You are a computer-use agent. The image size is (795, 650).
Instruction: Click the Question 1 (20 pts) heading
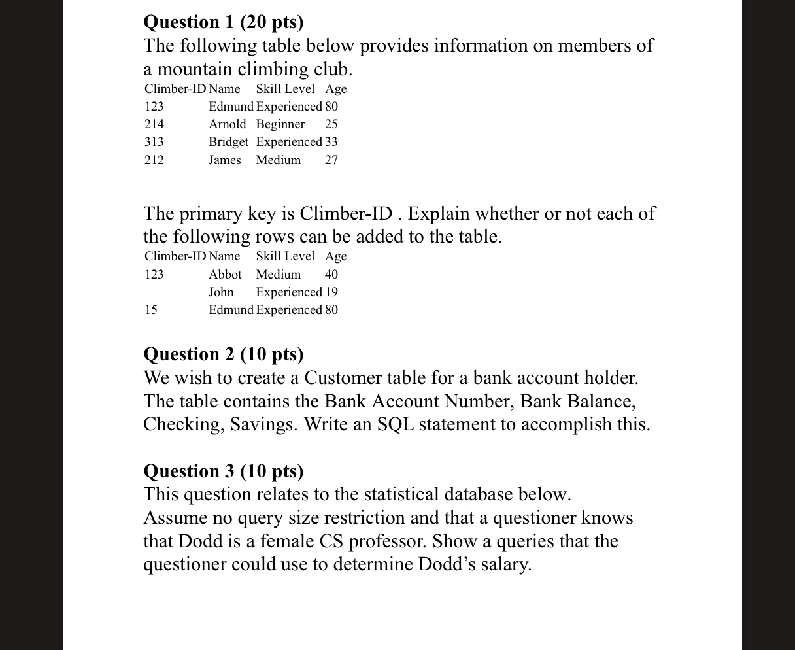pos(224,22)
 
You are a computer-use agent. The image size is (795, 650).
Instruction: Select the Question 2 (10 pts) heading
pos(224,354)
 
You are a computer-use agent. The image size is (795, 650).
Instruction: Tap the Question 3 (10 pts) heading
pos(224,471)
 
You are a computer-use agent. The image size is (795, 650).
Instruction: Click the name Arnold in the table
pos(228,124)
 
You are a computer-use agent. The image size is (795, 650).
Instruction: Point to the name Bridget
pos(228,142)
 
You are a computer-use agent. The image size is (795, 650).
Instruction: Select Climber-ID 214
pos(154,124)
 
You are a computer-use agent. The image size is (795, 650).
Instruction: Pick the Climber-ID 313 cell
pos(154,142)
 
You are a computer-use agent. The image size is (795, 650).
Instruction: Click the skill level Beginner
pos(280,124)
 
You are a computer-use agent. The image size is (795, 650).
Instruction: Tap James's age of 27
pos(331,160)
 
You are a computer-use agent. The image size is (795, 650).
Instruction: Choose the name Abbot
pos(225,275)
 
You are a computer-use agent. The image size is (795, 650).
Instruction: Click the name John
pos(221,292)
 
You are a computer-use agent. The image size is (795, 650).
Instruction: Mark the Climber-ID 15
pos(151,310)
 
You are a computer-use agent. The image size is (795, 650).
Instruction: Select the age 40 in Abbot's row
pos(331,275)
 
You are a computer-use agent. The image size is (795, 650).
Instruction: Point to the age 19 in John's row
pos(331,292)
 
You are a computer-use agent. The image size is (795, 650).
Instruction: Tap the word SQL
pos(396,425)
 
